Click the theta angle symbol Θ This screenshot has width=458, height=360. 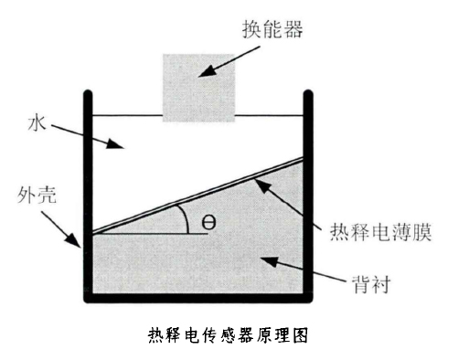click(x=208, y=224)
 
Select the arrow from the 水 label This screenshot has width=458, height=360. click(x=85, y=135)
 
